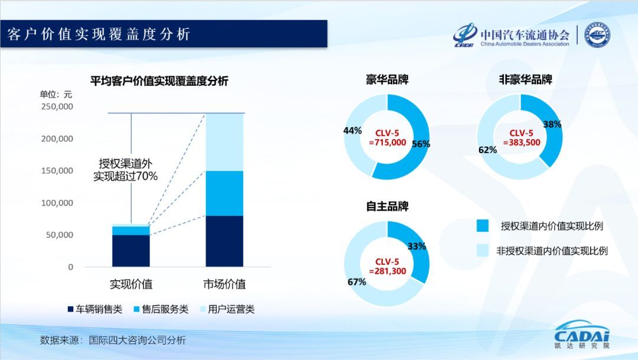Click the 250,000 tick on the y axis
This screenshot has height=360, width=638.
[57, 107]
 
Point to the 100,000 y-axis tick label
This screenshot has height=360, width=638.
[57, 203]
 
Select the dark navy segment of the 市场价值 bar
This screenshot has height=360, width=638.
[224, 241]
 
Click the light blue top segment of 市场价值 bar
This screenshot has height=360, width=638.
[224, 142]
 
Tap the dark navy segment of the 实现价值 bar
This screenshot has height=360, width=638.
[131, 251]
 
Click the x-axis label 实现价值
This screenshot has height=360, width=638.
[131, 284]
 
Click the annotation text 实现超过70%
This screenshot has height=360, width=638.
[125, 176]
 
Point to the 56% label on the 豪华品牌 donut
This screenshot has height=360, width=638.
[421, 144]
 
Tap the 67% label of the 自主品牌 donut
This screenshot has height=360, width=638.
[356, 282]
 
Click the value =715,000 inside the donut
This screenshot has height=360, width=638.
[388, 142]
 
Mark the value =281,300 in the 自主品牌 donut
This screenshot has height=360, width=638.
[388, 271]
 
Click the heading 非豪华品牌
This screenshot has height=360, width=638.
[525, 80]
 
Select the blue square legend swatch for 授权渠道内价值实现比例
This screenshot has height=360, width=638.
[483, 226]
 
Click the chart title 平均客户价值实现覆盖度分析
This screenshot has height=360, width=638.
[158, 82]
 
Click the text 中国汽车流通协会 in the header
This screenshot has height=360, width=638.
[525, 34]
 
